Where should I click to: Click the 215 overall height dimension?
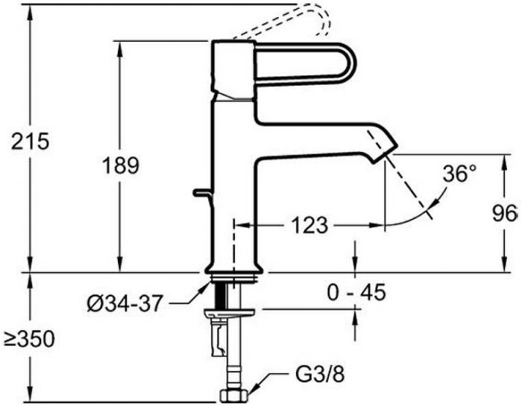click(31, 141)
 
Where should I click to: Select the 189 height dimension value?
click(120, 165)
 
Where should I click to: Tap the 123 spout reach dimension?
click(309, 226)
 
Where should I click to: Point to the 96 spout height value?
click(505, 213)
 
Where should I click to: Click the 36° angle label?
click(460, 174)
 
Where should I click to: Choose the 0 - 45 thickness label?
click(356, 292)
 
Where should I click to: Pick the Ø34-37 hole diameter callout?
click(125, 303)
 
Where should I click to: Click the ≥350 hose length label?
click(29, 340)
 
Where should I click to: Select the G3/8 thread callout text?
click(320, 375)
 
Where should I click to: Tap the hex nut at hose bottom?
click(234, 396)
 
